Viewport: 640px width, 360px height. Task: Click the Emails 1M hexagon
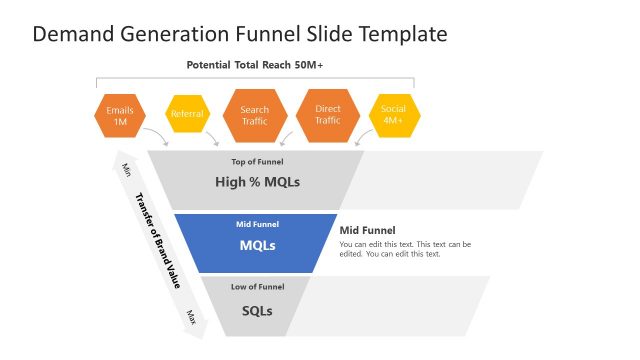pos(120,115)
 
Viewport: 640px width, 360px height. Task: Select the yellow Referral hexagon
pos(187,114)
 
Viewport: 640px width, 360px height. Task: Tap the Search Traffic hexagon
pos(255,115)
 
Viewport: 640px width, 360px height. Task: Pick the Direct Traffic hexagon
pos(328,115)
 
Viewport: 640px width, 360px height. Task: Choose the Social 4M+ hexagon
pos(393,115)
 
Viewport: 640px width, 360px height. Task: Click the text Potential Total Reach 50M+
pos(255,65)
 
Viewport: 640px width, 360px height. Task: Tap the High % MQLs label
pos(257,182)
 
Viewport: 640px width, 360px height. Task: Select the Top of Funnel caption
pos(257,161)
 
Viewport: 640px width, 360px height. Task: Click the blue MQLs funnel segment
pos(257,243)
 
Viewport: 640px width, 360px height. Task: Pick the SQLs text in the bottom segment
pos(257,310)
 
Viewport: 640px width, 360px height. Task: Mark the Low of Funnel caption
pos(257,288)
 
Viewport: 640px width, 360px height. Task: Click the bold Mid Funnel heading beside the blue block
pos(368,229)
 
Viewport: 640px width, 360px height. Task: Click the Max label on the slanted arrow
pos(191,316)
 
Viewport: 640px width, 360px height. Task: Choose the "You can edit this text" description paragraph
pos(404,249)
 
